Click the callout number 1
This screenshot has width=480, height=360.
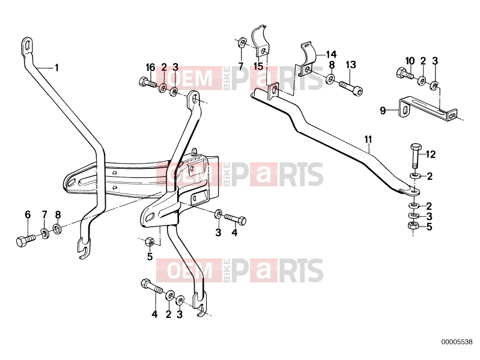pyautogui.click(x=56, y=68)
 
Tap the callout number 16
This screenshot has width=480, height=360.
pyautogui.click(x=150, y=67)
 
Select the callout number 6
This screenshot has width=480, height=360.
pyautogui.click(x=28, y=215)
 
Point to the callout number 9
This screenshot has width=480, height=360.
pyautogui.click(x=383, y=110)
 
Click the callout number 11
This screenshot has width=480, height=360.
pyautogui.click(x=368, y=139)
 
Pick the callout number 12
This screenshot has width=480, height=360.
pyautogui.click(x=430, y=154)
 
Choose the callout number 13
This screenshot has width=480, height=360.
pyautogui.click(x=351, y=65)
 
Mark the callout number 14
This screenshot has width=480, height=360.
pyautogui.click(x=331, y=55)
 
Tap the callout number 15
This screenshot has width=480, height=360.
pyautogui.click(x=258, y=66)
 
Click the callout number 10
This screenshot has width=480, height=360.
pyautogui.click(x=410, y=61)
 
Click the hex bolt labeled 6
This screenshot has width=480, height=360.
pyautogui.click(x=25, y=240)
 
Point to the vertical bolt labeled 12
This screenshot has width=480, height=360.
pyautogui.click(x=415, y=156)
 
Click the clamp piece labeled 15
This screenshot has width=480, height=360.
pyautogui.click(x=261, y=42)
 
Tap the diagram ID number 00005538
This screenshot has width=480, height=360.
pyautogui.click(x=457, y=342)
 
